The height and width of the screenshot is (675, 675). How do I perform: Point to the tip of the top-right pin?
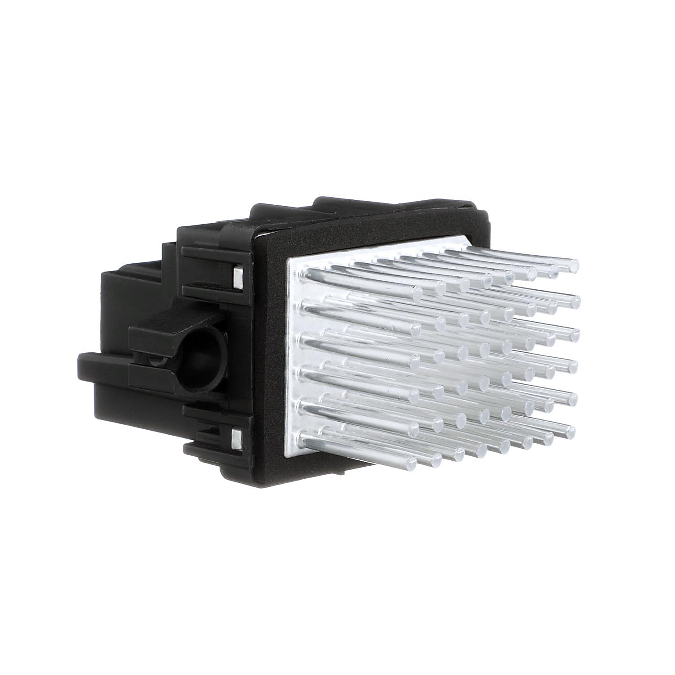click(x=573, y=266)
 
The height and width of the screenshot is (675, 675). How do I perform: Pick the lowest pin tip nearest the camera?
click(x=410, y=460)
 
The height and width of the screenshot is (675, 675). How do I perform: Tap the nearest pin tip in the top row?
click(x=416, y=292)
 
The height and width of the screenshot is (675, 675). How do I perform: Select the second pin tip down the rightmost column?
click(x=573, y=300)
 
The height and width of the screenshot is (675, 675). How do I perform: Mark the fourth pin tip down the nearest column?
click(x=413, y=394)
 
